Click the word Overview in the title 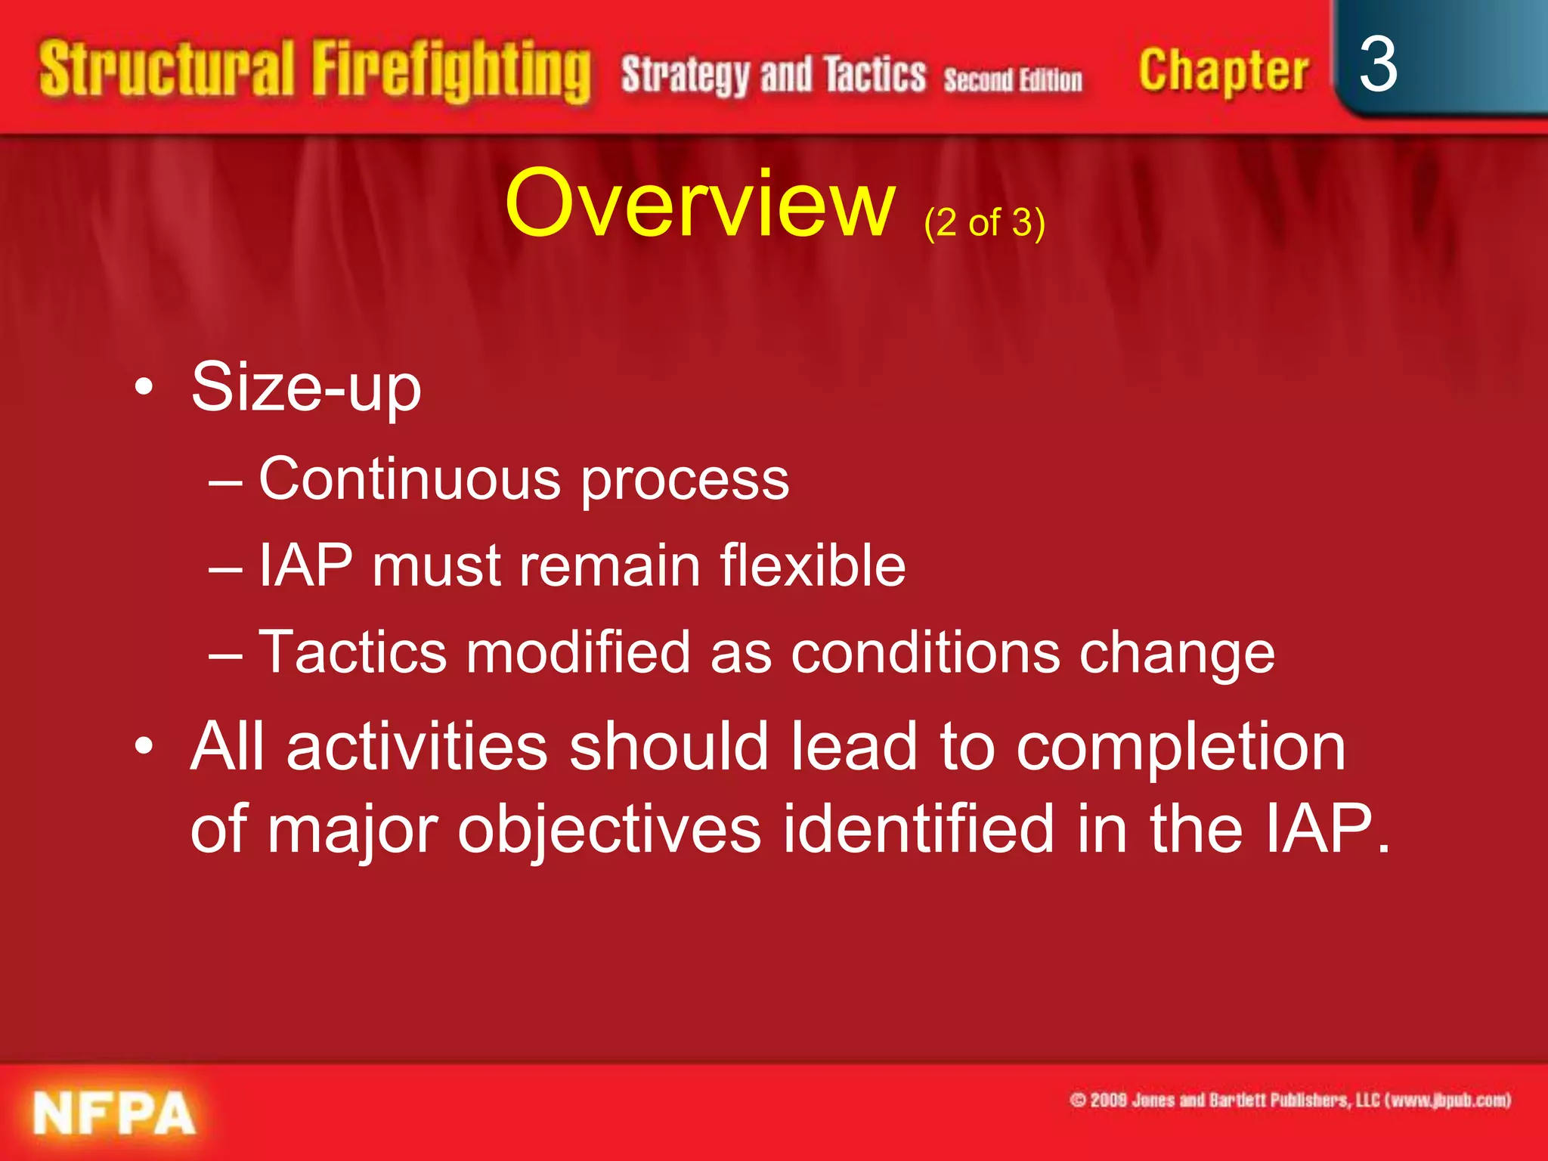(x=699, y=204)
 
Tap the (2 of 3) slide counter (x=984, y=223)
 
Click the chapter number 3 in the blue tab (x=1377, y=66)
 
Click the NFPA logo (x=113, y=1113)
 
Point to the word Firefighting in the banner (x=451, y=72)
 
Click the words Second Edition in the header (x=1013, y=79)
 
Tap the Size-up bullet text (x=306, y=388)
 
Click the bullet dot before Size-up (x=144, y=388)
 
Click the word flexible (x=813, y=565)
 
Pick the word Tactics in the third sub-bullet (x=352, y=652)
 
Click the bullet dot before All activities (x=144, y=747)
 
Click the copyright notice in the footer (x=1289, y=1100)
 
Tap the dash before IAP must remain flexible (x=225, y=567)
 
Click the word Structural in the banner (x=166, y=70)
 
